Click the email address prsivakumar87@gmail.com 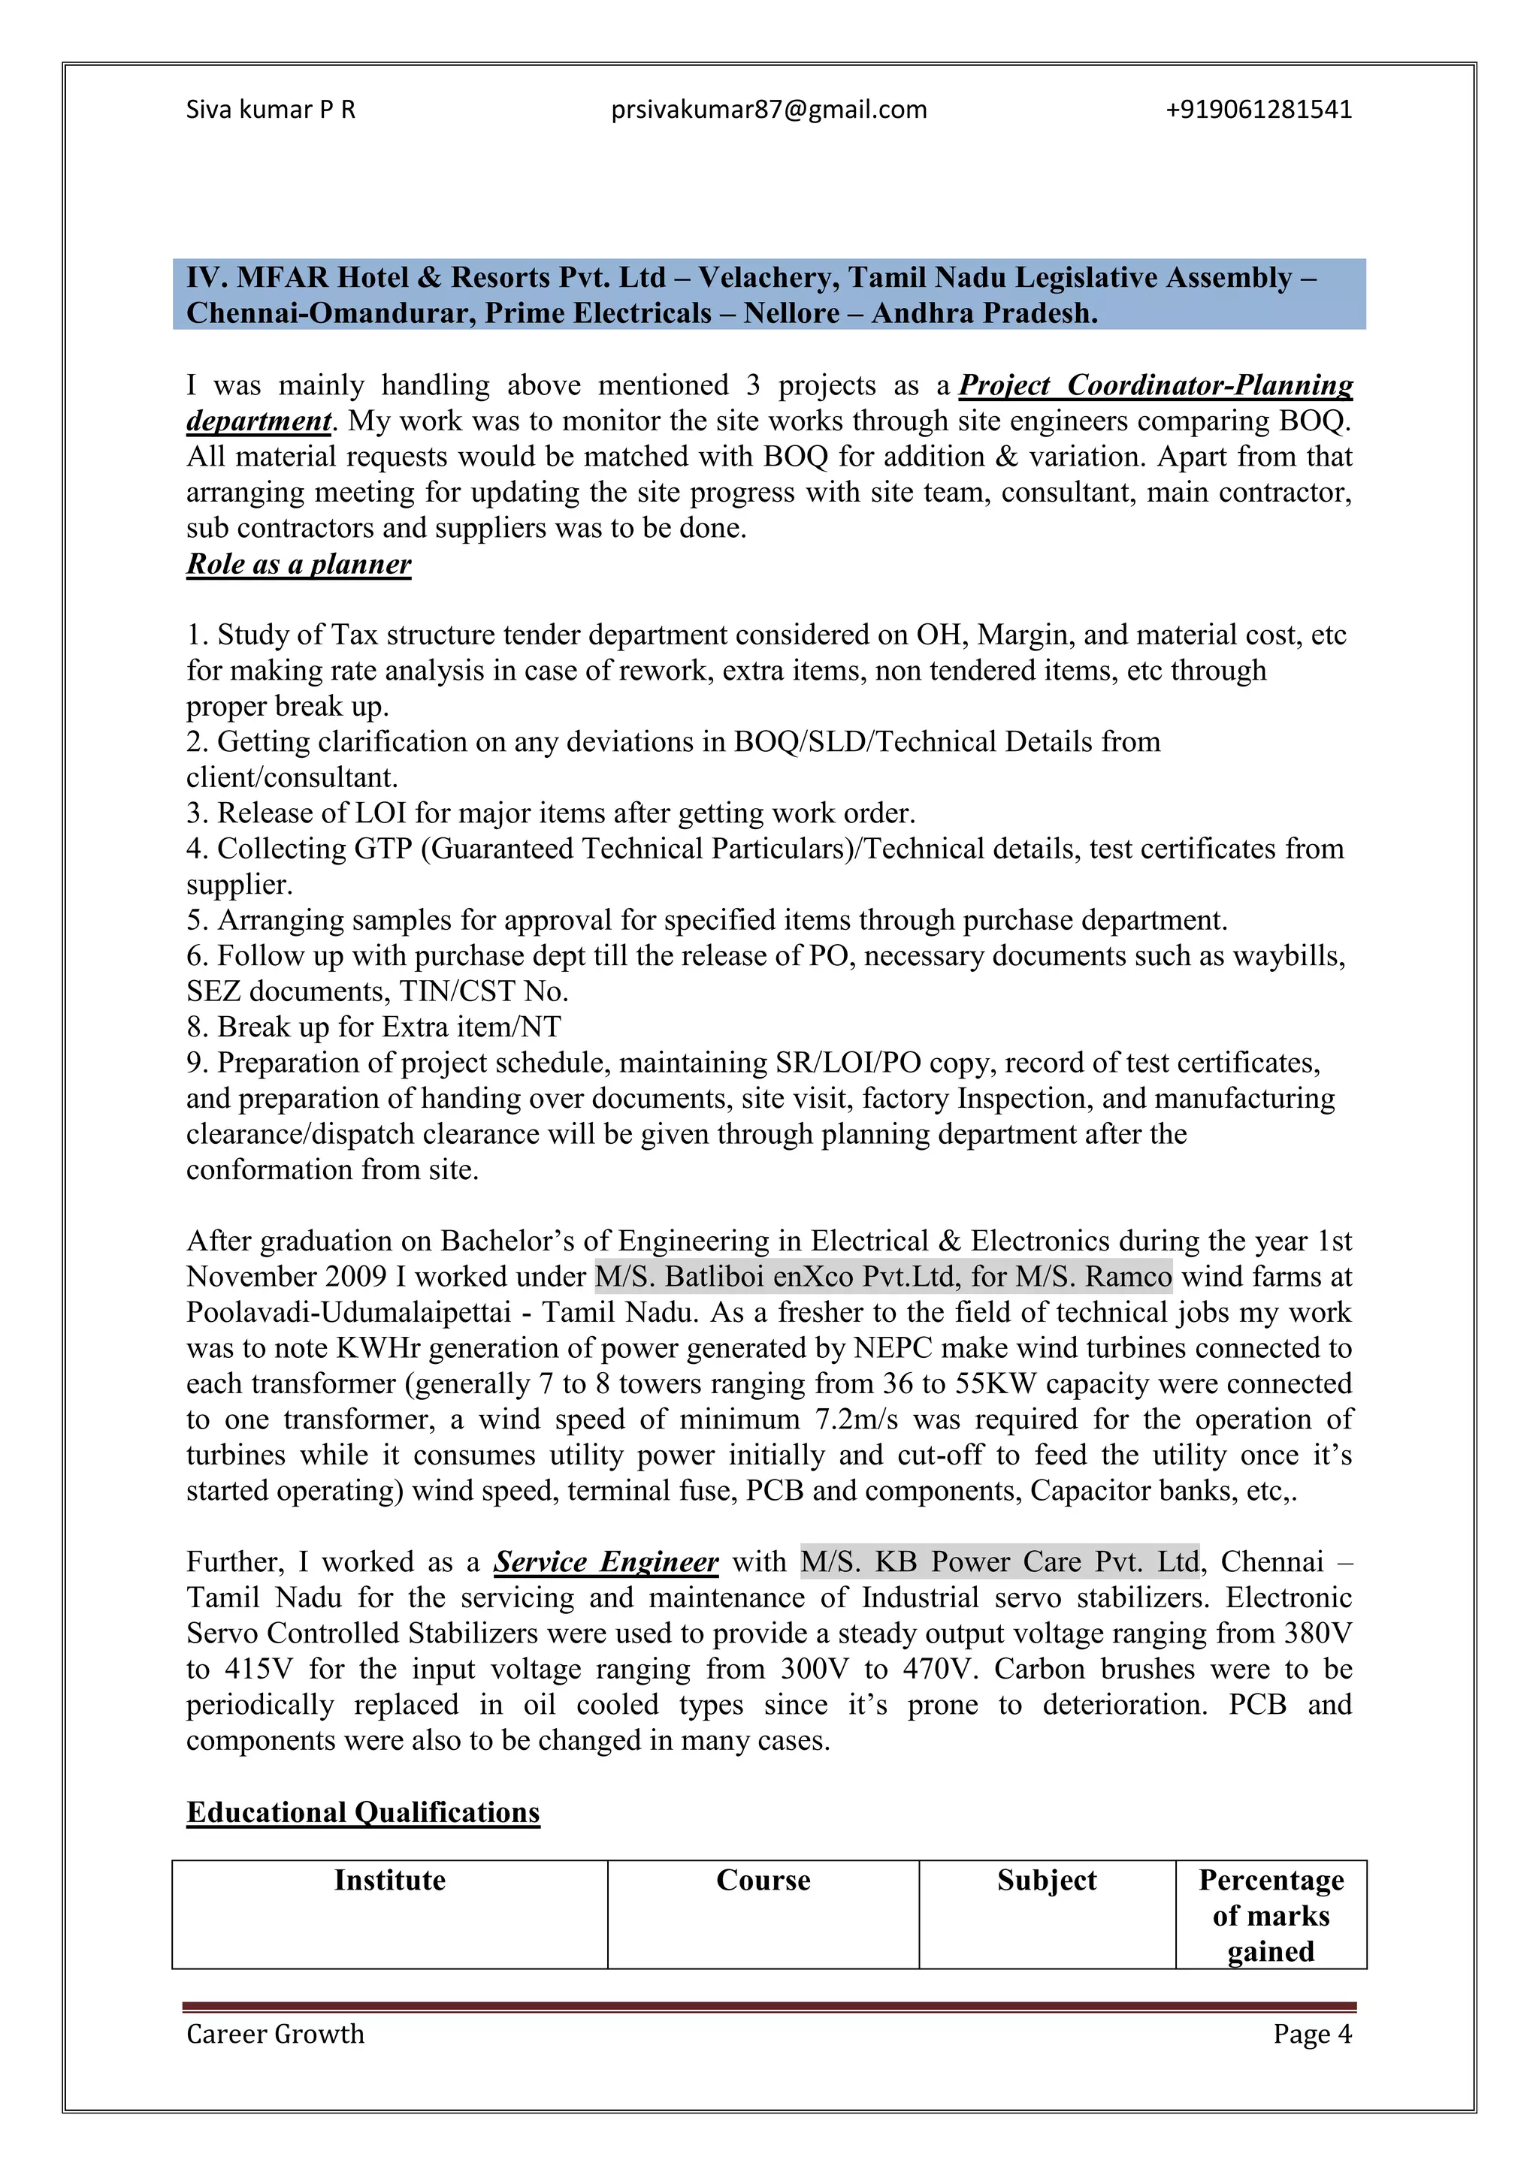click(x=769, y=110)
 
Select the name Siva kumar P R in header click(x=270, y=110)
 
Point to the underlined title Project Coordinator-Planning click(x=1155, y=385)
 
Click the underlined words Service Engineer click(x=606, y=1562)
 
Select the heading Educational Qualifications click(x=363, y=1812)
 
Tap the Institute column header click(x=389, y=1881)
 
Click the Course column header click(x=763, y=1881)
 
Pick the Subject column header click(x=1046, y=1881)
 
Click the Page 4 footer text click(x=1311, y=2034)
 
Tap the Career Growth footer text click(x=275, y=2034)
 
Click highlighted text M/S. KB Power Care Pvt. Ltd click(x=999, y=1562)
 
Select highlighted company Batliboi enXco click(x=758, y=1277)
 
